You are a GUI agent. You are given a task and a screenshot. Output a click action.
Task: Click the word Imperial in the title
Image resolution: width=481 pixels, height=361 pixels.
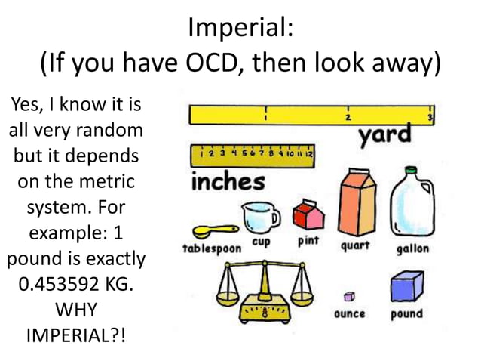coord(235,31)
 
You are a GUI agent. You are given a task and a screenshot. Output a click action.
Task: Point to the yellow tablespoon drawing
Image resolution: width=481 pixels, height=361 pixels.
coord(211,231)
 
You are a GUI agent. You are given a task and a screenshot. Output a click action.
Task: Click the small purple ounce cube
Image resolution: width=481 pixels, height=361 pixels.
coord(348,295)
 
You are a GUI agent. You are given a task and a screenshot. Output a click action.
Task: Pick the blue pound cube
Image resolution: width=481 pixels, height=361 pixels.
coord(406,288)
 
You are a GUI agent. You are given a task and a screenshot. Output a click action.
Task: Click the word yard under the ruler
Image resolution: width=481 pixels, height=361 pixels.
coord(384,136)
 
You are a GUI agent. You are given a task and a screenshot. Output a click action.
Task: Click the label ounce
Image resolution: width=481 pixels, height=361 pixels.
coord(350,313)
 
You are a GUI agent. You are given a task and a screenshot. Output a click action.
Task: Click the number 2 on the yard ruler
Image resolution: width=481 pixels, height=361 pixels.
coord(348,118)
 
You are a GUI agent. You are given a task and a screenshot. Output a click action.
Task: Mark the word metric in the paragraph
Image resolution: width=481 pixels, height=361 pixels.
coord(105,181)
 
